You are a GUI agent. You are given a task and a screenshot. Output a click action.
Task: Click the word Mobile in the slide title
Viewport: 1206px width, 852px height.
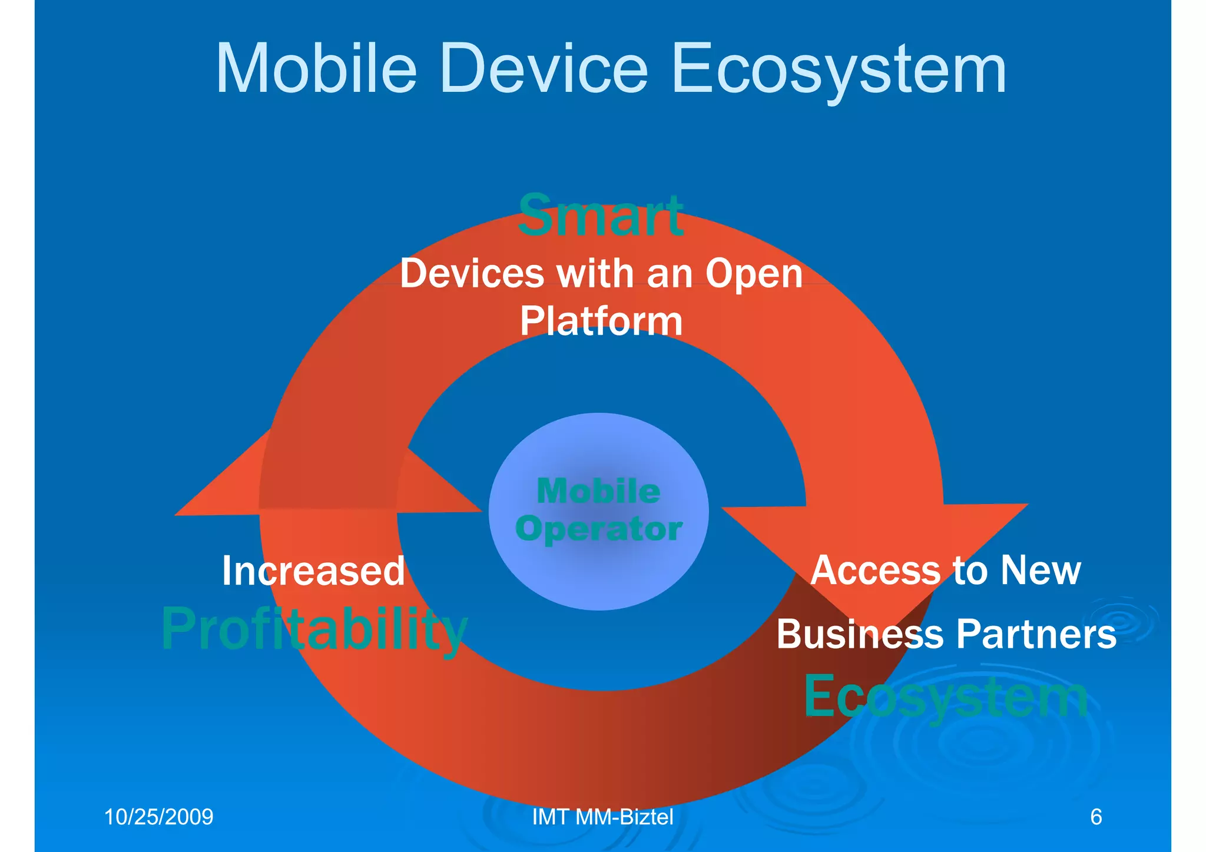(316, 69)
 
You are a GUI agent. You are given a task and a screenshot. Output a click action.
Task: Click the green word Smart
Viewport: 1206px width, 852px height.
(601, 216)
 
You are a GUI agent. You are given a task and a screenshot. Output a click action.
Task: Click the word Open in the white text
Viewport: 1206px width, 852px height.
(754, 274)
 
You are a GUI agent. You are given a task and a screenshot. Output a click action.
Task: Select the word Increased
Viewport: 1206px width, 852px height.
(313, 571)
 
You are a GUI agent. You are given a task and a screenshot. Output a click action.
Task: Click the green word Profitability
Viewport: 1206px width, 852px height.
(314, 629)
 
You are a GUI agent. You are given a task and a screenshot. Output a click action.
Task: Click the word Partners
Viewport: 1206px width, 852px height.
(1036, 634)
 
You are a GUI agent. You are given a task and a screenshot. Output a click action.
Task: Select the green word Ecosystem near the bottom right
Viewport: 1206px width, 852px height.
(946, 697)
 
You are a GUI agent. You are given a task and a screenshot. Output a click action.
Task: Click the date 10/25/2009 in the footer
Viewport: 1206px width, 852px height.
(158, 817)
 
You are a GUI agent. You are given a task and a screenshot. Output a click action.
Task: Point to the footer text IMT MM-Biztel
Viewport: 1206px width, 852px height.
(602, 817)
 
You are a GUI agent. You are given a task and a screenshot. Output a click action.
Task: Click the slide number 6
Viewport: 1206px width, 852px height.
(1096, 817)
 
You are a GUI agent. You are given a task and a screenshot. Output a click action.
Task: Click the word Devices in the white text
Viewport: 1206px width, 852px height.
(472, 274)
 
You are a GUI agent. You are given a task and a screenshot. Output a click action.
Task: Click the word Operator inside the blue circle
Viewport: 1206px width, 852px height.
(599, 529)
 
